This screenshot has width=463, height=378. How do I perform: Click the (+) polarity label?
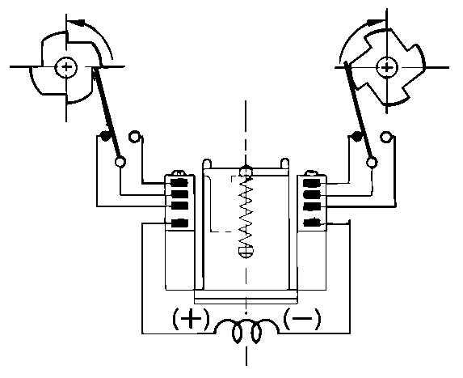191,319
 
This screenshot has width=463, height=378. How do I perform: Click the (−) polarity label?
301,319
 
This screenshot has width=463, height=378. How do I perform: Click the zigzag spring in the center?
246,210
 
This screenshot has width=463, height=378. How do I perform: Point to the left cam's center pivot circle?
66,67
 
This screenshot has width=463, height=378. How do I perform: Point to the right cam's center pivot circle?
387,68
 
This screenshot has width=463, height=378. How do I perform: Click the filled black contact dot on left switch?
104,136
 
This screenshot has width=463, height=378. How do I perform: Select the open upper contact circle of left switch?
134,136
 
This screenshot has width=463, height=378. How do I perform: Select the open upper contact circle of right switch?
385,137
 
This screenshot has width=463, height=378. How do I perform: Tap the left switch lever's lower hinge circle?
120,162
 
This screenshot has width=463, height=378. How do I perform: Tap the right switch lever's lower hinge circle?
372,163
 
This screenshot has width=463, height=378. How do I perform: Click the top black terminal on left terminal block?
180,183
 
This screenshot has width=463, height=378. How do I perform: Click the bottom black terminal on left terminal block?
180,223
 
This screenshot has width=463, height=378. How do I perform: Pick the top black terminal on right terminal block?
312,183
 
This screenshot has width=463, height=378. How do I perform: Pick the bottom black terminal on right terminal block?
312,223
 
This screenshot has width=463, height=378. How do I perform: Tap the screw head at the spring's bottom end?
246,251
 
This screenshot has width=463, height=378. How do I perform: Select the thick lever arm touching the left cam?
107,113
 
